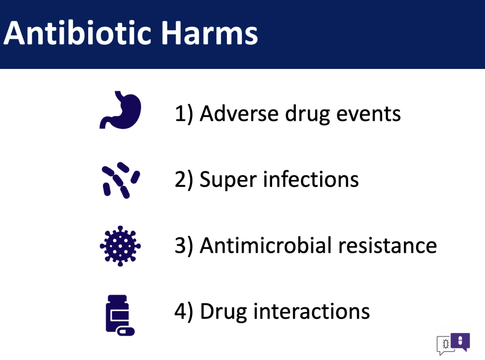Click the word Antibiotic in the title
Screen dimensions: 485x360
click(77, 33)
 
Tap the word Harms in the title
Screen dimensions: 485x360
click(210, 33)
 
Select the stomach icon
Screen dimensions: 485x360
click(120, 110)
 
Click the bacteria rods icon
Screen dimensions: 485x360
click(121, 180)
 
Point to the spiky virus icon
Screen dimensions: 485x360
click(120, 246)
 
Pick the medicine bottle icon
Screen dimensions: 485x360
click(120, 315)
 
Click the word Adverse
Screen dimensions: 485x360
click(239, 114)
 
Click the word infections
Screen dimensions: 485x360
click(311, 179)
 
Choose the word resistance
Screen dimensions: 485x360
click(388, 246)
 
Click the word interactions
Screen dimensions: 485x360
click(311, 311)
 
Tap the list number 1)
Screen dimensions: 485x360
click(184, 114)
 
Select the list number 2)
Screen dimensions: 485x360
click(184, 180)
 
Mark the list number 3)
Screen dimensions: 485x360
click(184, 246)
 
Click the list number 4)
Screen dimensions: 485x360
click(184, 311)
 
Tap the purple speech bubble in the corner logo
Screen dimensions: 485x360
click(460, 342)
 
